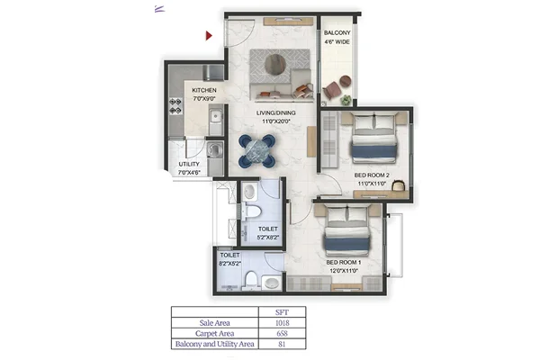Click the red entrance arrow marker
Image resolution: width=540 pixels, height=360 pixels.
209,35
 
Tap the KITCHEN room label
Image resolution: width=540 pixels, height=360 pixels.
204,90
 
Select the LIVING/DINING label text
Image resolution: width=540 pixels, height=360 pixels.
276,112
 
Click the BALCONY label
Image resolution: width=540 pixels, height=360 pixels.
337,33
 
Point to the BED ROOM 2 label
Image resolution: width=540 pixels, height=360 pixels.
372,175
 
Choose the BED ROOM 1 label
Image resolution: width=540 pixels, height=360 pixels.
344,262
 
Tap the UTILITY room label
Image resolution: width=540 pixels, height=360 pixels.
189,164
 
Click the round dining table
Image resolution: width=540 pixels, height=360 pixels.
256,150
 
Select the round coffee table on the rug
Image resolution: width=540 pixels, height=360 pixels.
275,64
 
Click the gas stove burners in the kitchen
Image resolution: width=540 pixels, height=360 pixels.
175,106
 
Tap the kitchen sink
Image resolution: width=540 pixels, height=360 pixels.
216,117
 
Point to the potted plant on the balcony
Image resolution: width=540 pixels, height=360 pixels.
346,100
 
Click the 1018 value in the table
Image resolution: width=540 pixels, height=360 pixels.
282,323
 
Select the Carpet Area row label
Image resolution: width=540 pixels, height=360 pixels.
214,334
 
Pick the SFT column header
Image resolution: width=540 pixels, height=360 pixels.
282,312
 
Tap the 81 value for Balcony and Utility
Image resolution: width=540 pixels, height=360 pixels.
282,344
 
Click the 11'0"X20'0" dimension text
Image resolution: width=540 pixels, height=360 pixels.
276,121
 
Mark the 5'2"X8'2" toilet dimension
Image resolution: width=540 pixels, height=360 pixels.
267,238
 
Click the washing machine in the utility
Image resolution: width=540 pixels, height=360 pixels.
215,150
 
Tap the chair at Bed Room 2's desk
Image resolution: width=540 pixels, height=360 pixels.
399,185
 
